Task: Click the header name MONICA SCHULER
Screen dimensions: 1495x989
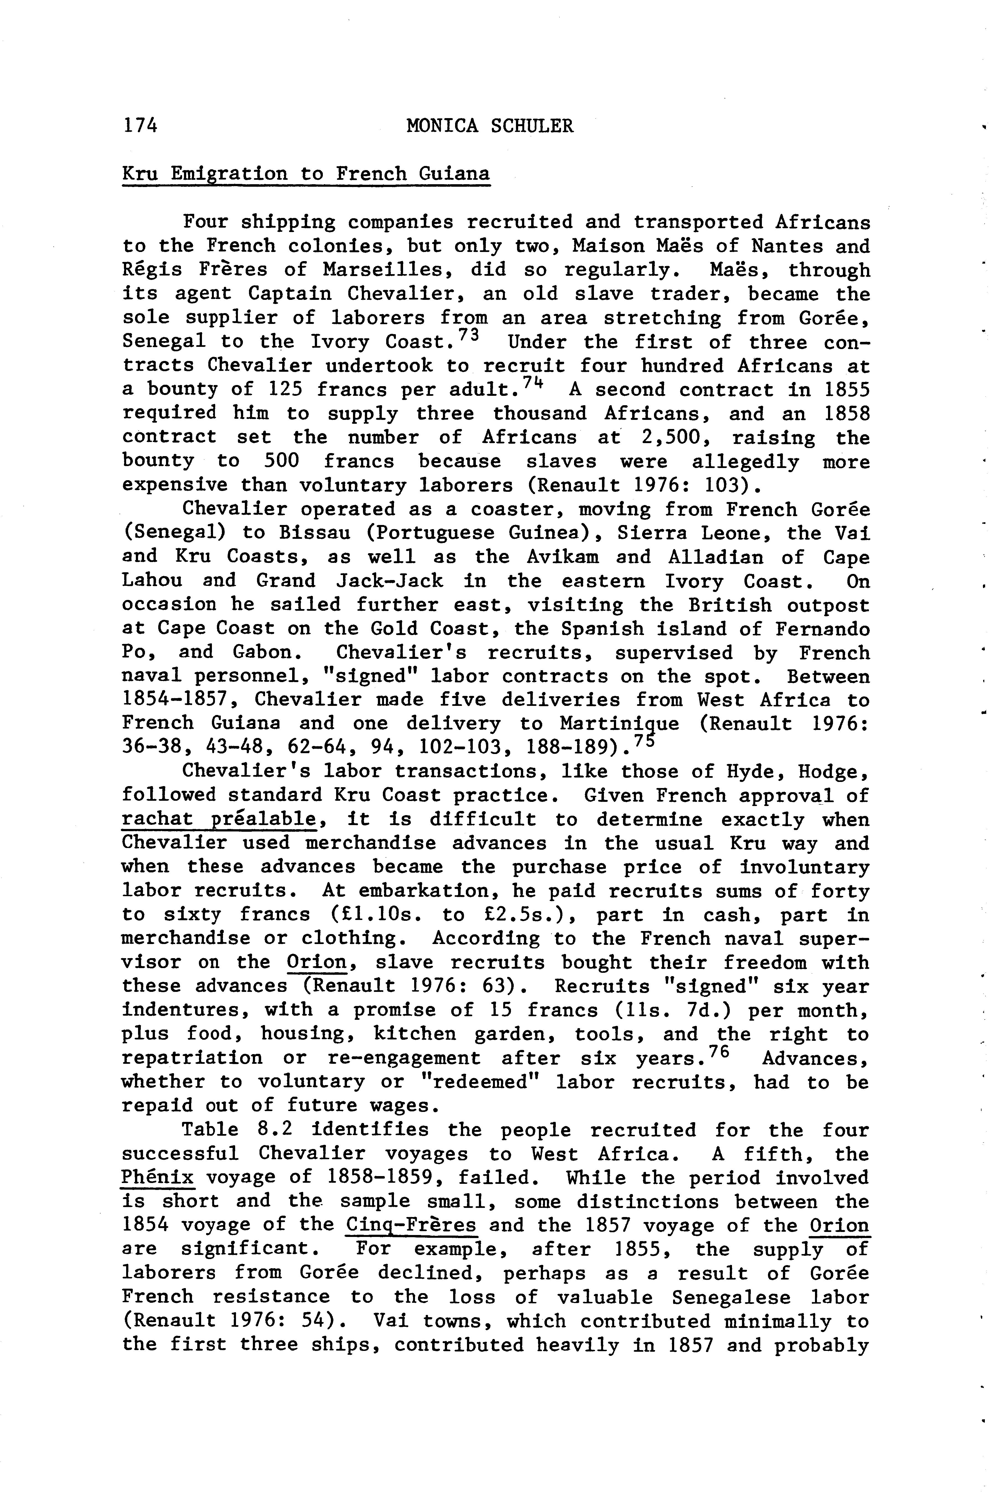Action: coord(490,126)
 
